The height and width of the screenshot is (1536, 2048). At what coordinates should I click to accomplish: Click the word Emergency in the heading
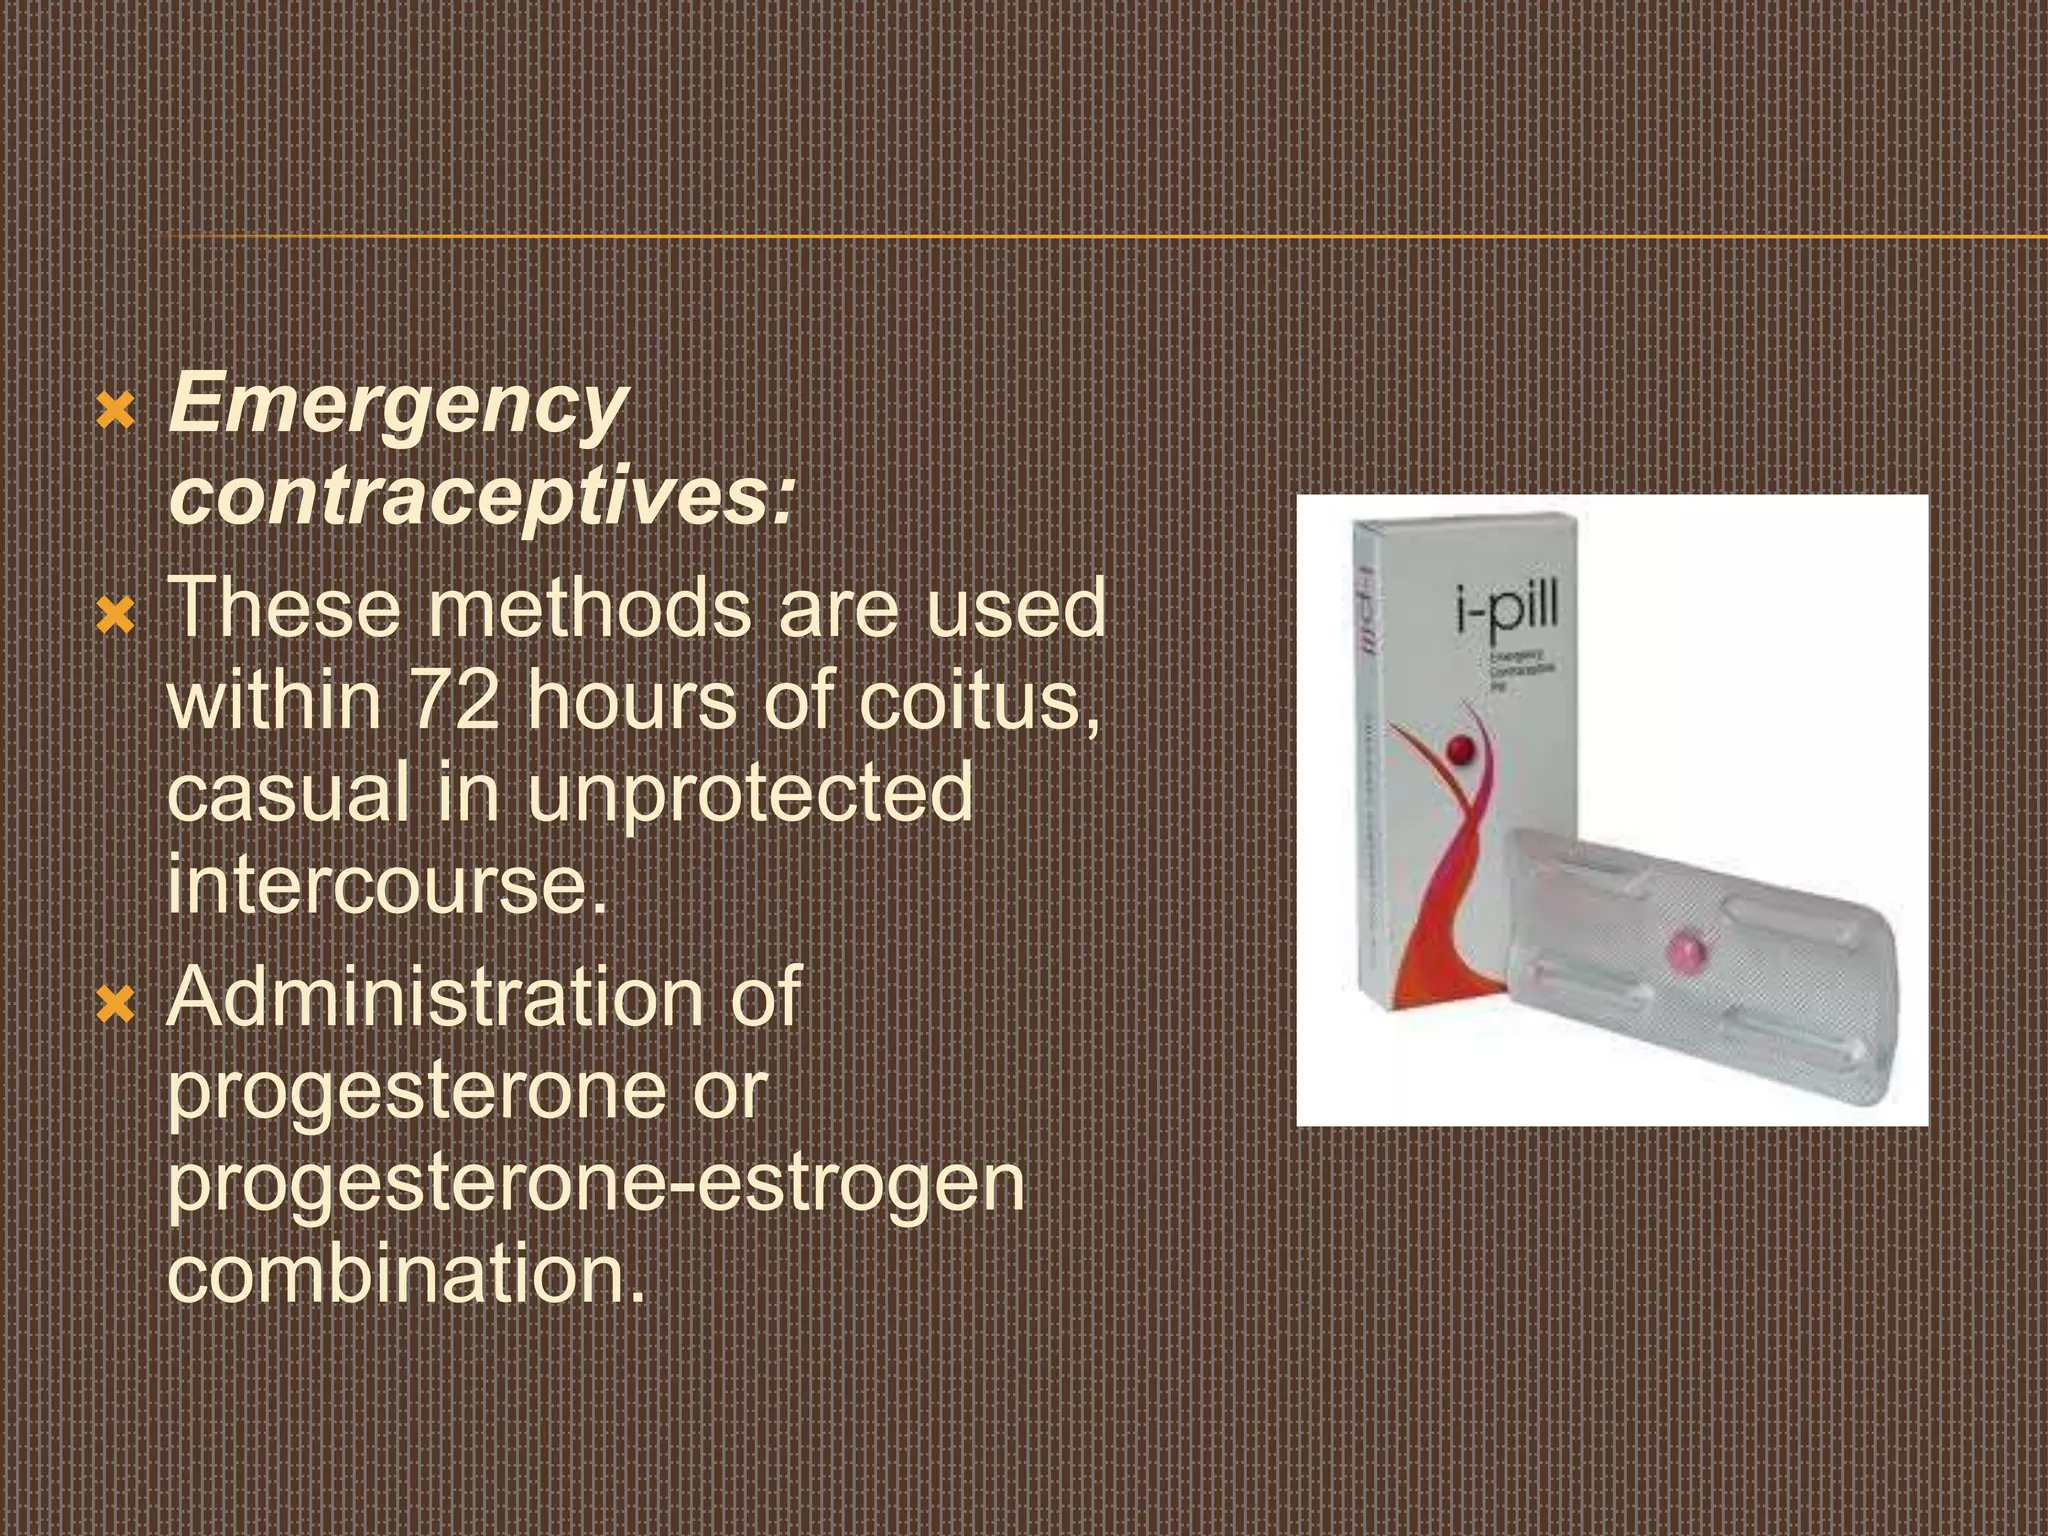coord(398,408)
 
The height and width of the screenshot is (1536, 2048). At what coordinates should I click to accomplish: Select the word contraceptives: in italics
coord(481,497)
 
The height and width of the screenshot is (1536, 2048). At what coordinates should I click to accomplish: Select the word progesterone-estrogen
coord(596,1182)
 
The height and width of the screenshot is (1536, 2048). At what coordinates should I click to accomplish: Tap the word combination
coord(405,1274)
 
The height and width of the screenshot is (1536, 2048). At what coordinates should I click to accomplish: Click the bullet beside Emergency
coord(116,410)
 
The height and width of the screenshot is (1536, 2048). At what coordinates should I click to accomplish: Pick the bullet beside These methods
coord(116,615)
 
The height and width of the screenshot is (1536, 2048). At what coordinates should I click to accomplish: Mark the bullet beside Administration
coord(116,1003)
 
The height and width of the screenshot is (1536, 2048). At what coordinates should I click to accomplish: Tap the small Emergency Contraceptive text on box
coord(1520,671)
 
